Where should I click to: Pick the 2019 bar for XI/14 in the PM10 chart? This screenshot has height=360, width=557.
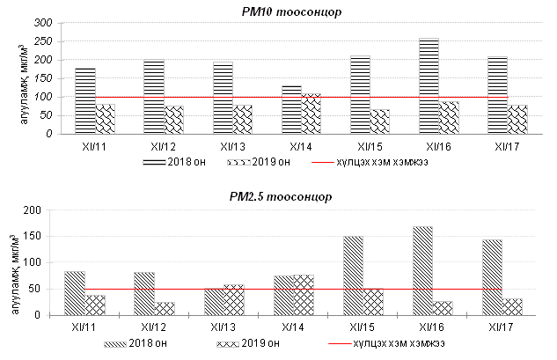click(312, 114)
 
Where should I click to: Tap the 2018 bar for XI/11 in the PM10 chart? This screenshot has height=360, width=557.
click(85, 101)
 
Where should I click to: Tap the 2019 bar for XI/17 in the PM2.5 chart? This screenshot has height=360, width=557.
click(511, 306)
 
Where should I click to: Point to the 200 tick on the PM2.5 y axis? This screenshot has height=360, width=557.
click(44, 209)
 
